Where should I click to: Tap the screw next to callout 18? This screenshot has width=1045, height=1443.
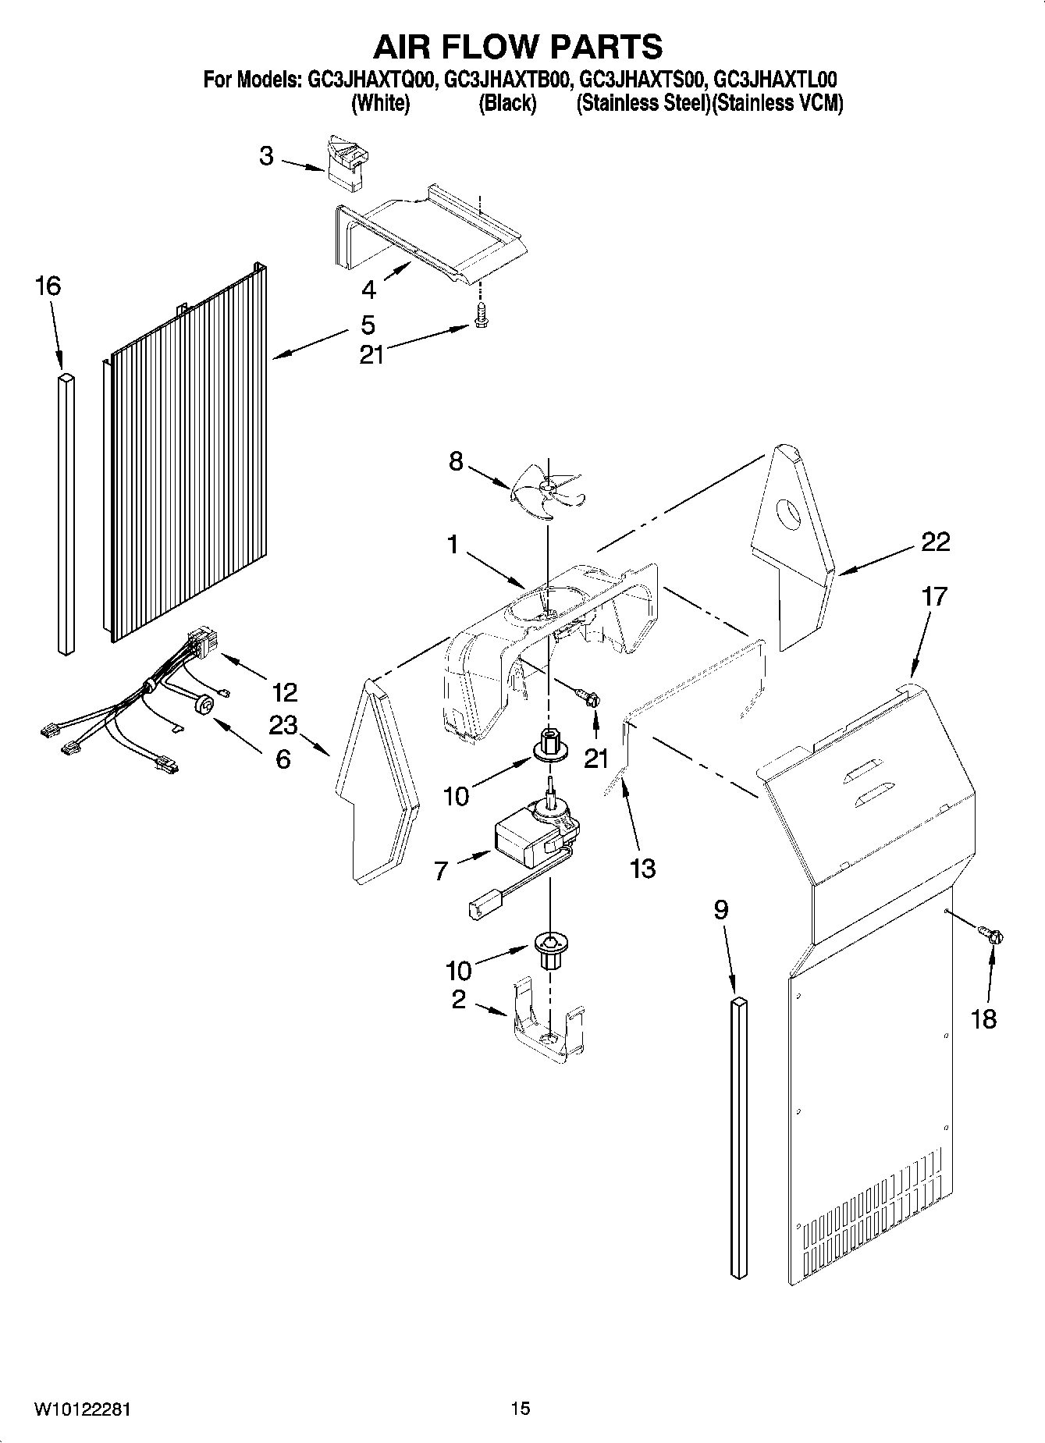[x=992, y=933]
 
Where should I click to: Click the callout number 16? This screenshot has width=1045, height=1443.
[x=48, y=286]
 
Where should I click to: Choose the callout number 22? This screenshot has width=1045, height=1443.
[x=936, y=542]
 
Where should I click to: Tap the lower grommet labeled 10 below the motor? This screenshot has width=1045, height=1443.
[x=551, y=949]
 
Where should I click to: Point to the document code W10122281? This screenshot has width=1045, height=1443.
[x=82, y=1409]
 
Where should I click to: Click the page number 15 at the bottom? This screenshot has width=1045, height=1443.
[x=521, y=1409]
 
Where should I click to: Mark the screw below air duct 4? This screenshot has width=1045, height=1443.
[x=481, y=315]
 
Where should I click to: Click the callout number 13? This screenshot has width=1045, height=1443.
[x=642, y=868]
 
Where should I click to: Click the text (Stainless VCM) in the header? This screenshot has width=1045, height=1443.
[x=778, y=104]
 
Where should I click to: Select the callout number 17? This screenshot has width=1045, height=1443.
[x=933, y=597]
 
